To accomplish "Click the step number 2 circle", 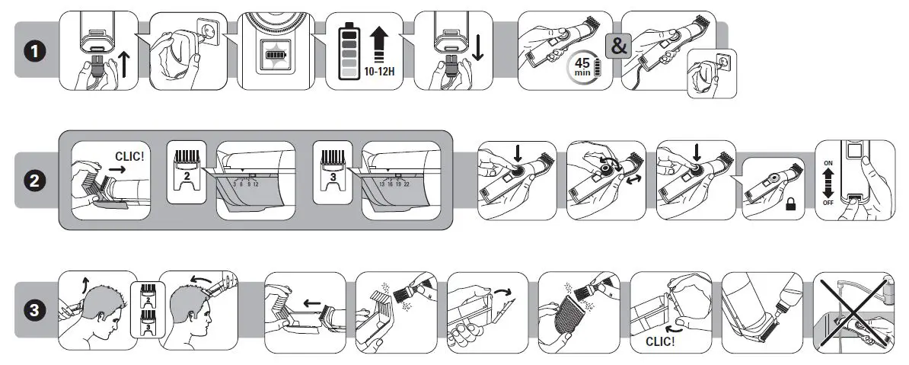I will (32, 181).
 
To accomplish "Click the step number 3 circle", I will (32, 310).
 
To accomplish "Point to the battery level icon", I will (349, 51).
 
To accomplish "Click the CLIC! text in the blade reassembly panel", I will (660, 341).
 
